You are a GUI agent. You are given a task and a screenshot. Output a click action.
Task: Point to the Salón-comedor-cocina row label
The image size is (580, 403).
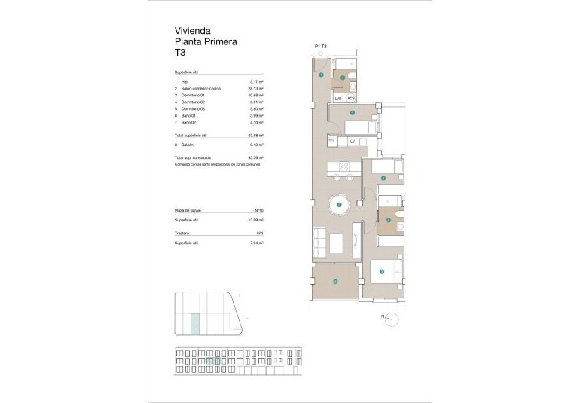point(202,89)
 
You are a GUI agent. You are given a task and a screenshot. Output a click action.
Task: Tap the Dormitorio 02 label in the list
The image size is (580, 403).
point(193,102)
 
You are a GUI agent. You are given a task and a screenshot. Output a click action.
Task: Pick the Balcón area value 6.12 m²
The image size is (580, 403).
point(255,144)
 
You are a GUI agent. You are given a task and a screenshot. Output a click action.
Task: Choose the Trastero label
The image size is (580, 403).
point(182,234)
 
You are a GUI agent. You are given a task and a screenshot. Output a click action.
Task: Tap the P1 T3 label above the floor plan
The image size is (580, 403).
point(321,46)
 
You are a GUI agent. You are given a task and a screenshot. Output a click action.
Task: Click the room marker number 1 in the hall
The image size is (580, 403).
point(322,75)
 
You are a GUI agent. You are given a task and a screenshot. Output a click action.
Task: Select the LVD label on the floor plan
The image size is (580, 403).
point(338,98)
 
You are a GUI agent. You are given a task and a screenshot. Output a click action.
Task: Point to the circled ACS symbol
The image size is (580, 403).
point(351,98)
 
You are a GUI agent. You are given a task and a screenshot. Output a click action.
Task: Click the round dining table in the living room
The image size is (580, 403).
point(339,204)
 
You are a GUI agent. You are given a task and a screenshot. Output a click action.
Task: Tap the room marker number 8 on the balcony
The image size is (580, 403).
point(335,282)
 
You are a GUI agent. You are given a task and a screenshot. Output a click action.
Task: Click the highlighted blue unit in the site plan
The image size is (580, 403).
point(195,325)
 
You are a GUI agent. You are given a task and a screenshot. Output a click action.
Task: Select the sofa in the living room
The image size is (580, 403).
point(319,242)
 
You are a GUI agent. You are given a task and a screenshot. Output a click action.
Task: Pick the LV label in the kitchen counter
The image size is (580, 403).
point(352,141)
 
